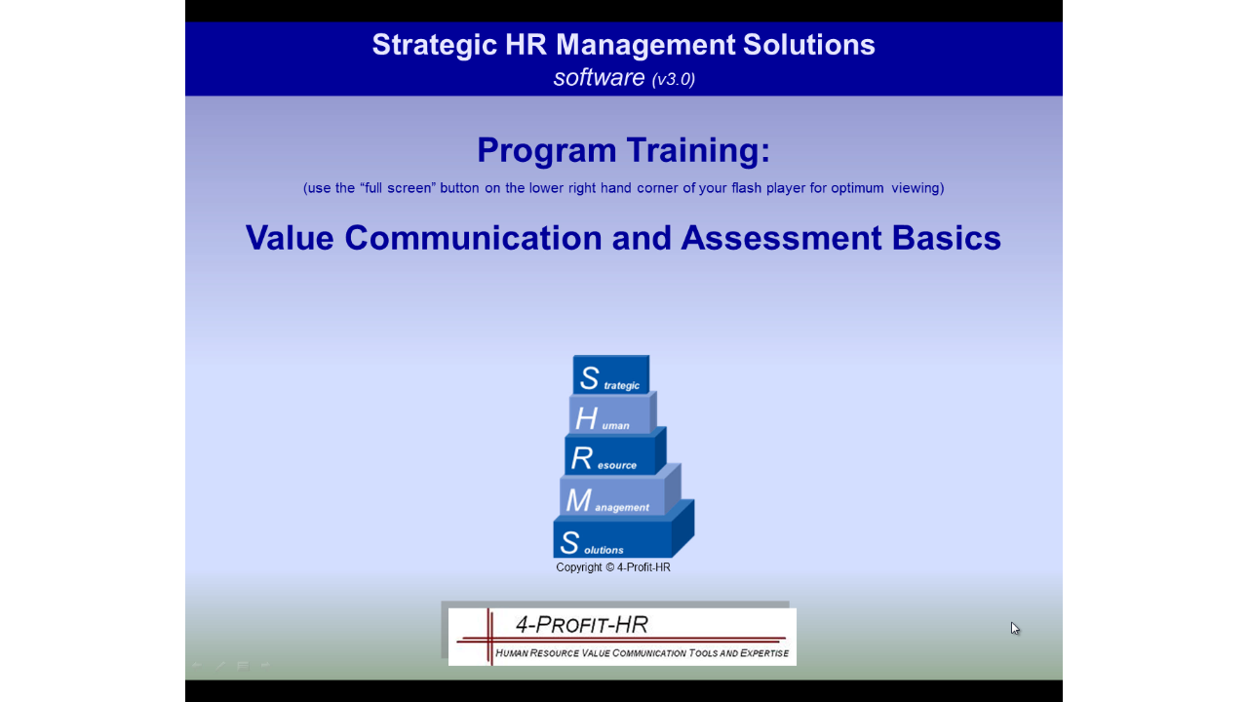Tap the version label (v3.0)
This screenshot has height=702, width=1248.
pyautogui.click(x=674, y=79)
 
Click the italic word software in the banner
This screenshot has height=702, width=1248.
pyautogui.click(x=599, y=77)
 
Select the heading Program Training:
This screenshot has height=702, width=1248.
pyautogui.click(x=623, y=150)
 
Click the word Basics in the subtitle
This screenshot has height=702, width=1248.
pyautogui.click(x=946, y=238)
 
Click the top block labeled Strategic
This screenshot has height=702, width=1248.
pyautogui.click(x=610, y=374)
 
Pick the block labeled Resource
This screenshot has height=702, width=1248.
pyautogui.click(x=614, y=452)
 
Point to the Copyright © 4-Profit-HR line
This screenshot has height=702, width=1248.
pyautogui.click(x=613, y=567)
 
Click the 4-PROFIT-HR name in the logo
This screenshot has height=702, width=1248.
pyautogui.click(x=582, y=625)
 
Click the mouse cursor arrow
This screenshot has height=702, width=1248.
pyautogui.click(x=1015, y=628)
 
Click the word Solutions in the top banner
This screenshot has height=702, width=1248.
pyautogui.click(x=808, y=45)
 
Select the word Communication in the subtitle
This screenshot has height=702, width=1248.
pyautogui.click(x=473, y=238)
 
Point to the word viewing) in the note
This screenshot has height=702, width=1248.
pyautogui.click(x=917, y=188)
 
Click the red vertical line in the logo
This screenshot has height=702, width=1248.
pyautogui.click(x=489, y=637)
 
